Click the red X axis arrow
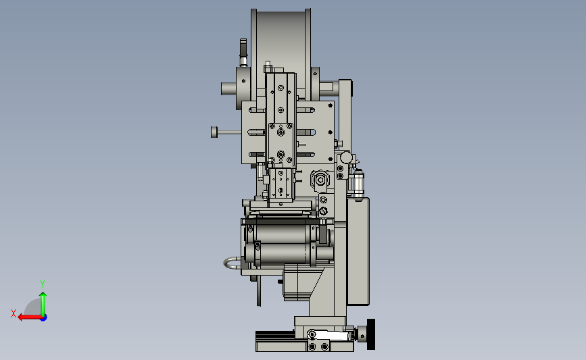point(30,317)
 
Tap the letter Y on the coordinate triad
point(43,284)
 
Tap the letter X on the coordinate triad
point(14,313)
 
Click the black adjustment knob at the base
point(371,334)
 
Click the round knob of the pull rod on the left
point(214,132)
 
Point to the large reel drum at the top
point(280,41)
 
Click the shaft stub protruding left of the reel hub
point(228,89)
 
